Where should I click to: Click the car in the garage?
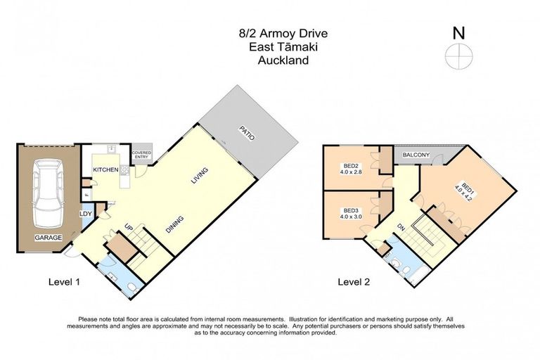pyautogui.click(x=47, y=189)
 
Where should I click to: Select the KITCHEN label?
pyautogui.click(x=105, y=170)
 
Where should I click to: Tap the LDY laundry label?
pyautogui.click(x=85, y=214)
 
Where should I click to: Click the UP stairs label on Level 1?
pyautogui.click(x=129, y=228)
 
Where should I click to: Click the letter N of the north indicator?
pyautogui.click(x=458, y=32)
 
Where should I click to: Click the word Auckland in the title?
pyautogui.click(x=283, y=60)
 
